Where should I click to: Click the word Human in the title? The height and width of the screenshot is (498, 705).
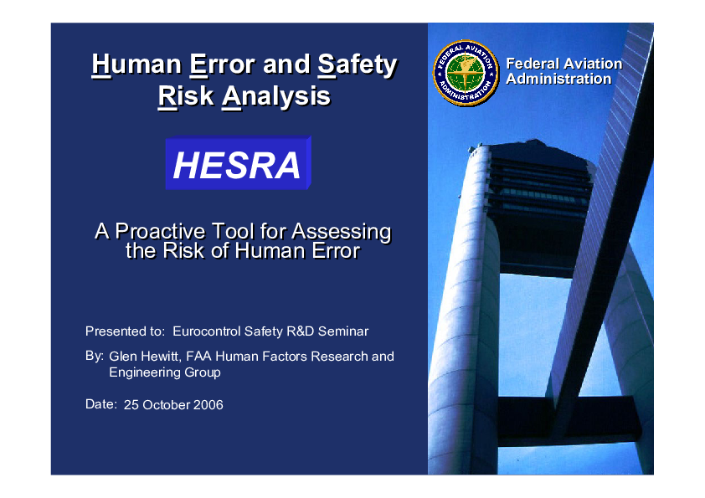coord(136,64)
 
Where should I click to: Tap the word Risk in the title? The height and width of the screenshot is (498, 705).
coord(186,95)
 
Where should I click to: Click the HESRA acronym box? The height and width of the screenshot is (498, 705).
coord(238,162)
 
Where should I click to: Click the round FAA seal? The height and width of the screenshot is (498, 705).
coord(466,73)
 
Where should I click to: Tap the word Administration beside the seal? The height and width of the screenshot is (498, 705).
coord(558,79)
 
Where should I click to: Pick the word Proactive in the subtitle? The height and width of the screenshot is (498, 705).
coord(161,232)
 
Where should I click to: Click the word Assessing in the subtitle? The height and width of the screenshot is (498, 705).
coord(342,233)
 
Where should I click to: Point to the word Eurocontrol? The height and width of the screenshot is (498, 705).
coord(207,331)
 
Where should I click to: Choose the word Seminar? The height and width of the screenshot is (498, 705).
coord(343,331)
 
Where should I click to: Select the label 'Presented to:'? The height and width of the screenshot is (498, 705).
coord(126,331)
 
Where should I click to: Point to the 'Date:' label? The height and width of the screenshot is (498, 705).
coord(101,404)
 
